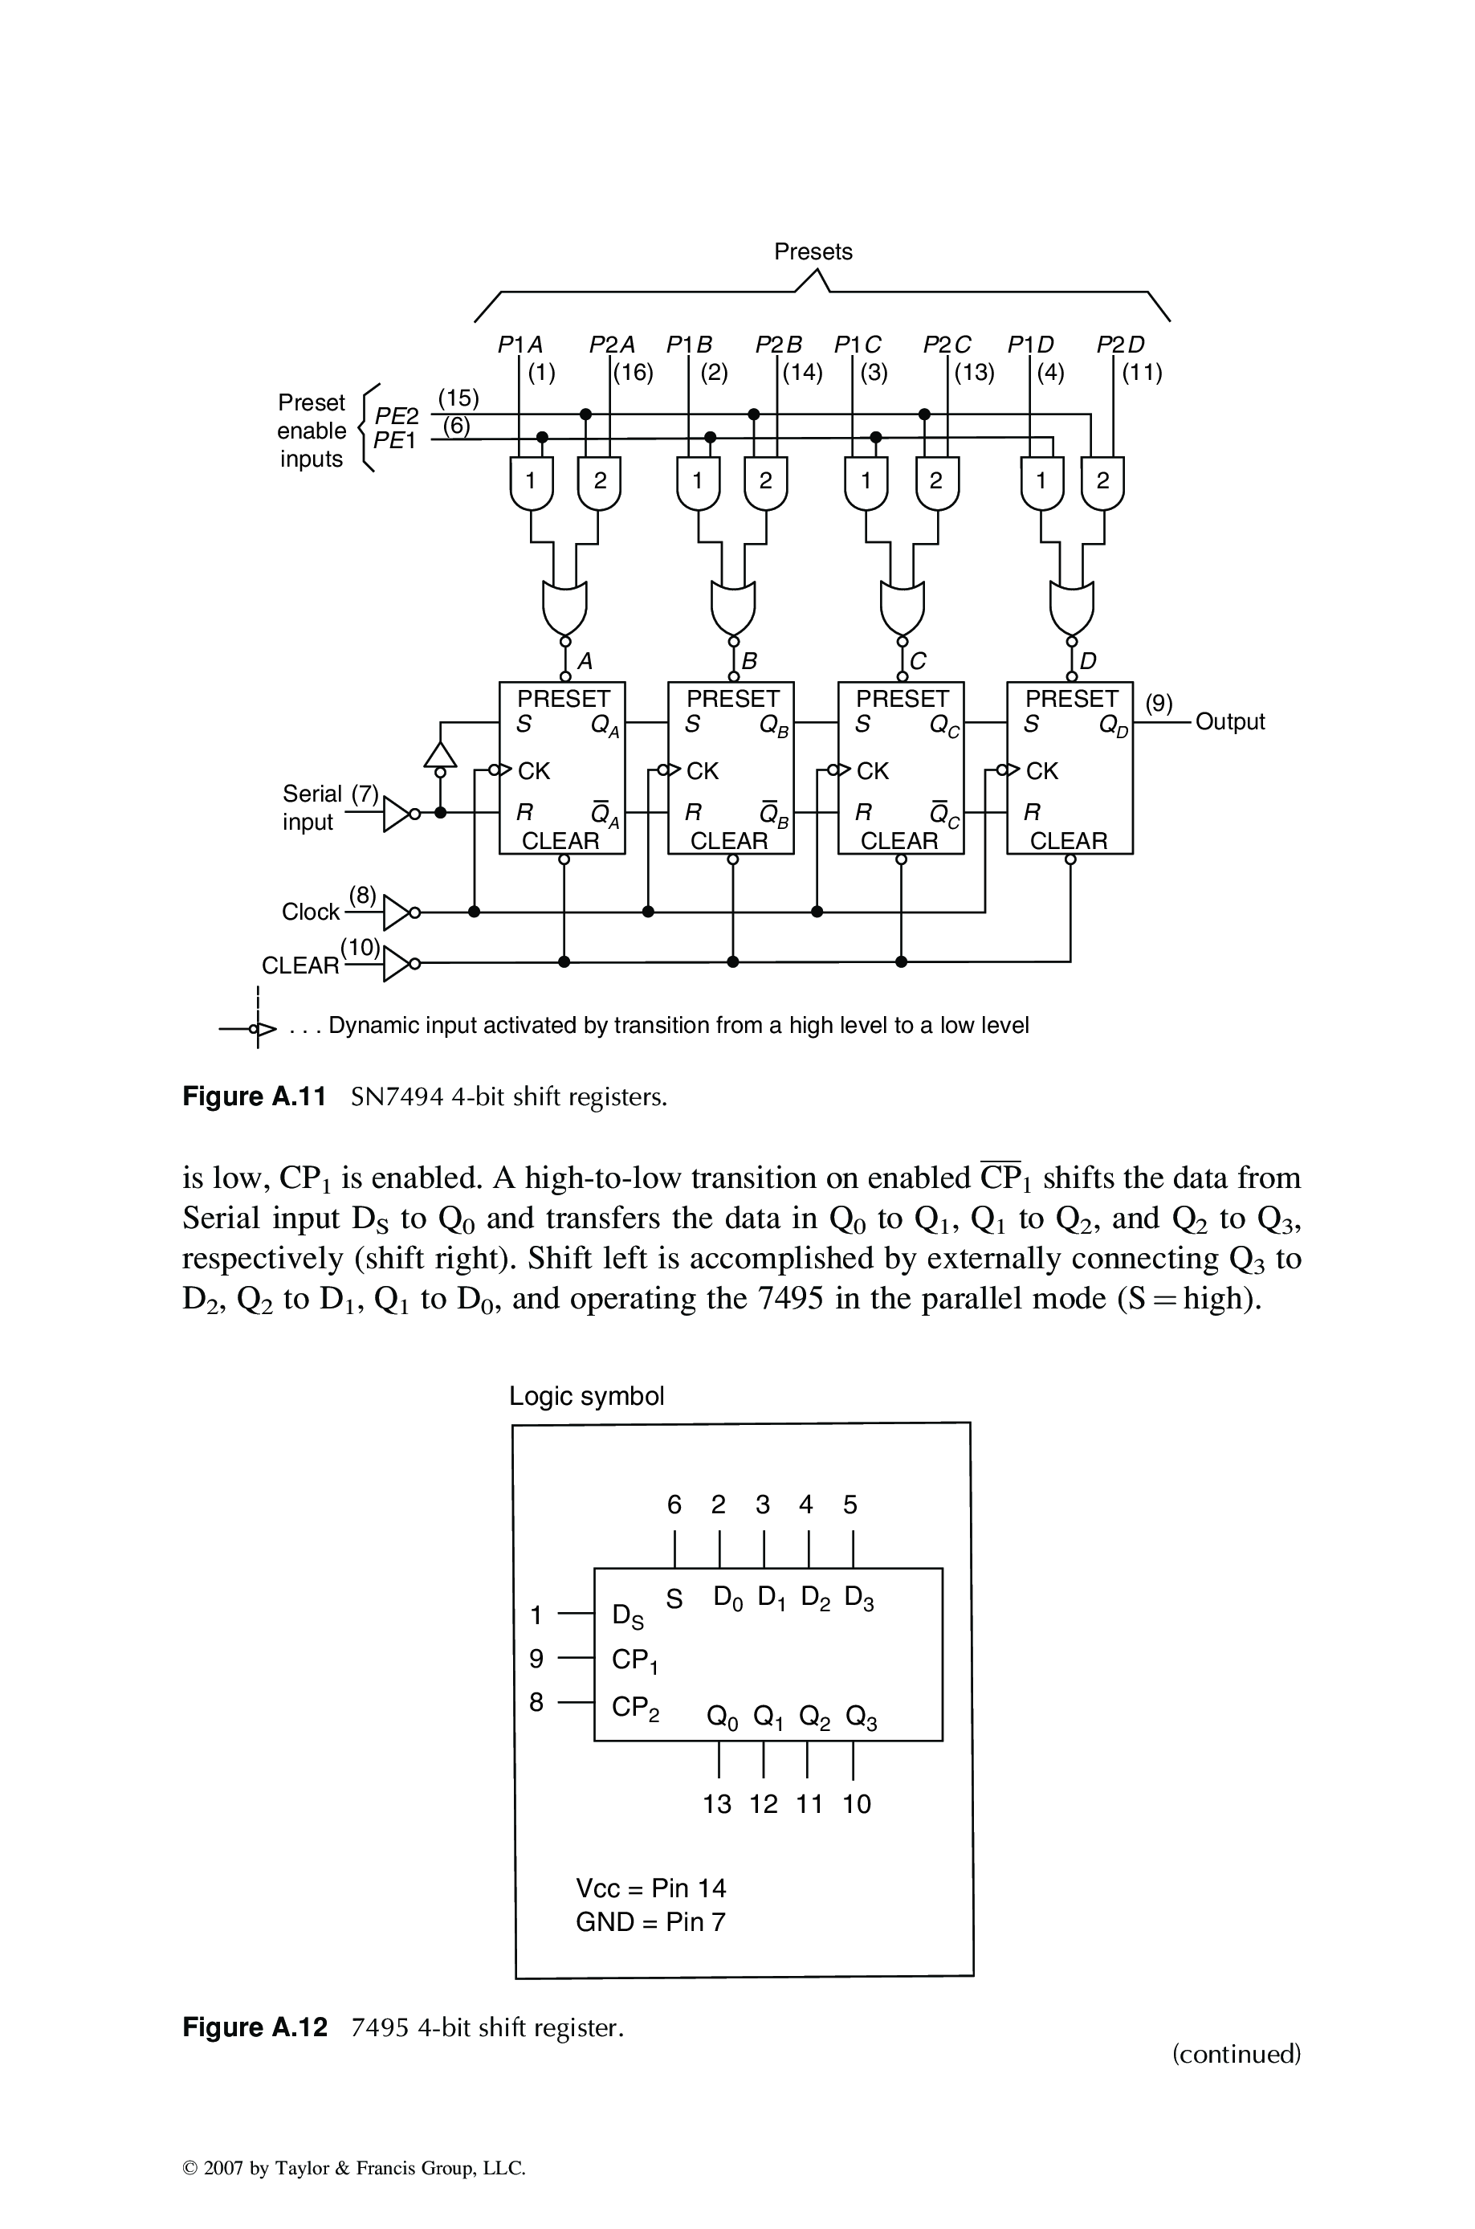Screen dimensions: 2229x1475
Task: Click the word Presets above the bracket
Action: (813, 251)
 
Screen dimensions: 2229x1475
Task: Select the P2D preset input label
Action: (1120, 345)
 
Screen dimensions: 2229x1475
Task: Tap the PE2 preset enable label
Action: (396, 416)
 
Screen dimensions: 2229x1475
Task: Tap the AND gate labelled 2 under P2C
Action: (937, 482)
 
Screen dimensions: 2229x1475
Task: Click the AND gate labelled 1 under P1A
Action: (531, 482)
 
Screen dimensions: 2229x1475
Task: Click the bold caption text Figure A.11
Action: (254, 1096)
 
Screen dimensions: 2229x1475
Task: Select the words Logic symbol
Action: (586, 1395)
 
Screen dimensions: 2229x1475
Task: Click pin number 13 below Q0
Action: (717, 1804)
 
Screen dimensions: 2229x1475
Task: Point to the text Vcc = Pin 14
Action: (651, 1888)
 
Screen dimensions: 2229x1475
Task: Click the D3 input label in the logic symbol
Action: (859, 1598)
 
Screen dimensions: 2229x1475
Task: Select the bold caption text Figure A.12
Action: (255, 2026)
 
